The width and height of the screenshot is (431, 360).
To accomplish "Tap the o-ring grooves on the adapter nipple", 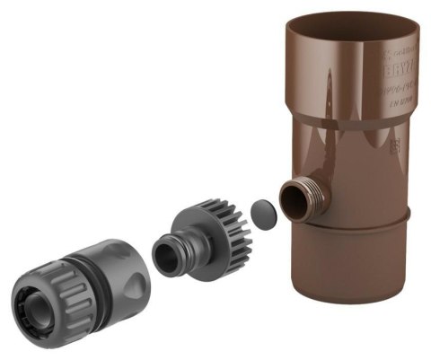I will click(180, 247).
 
